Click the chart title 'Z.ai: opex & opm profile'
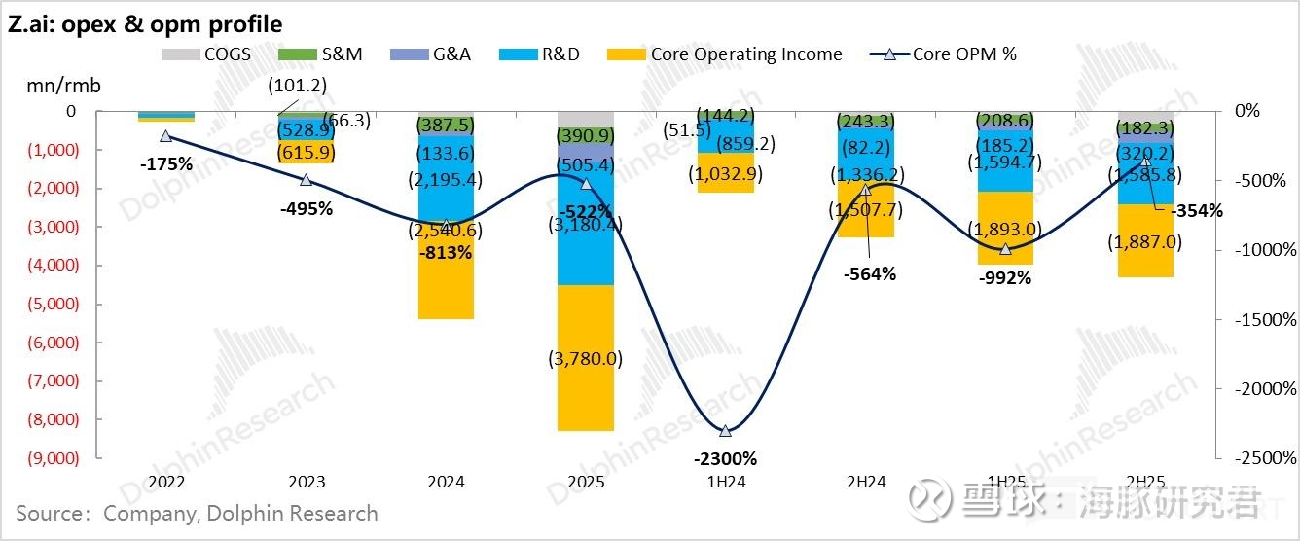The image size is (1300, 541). click(x=146, y=23)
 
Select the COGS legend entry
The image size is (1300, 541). click(x=206, y=54)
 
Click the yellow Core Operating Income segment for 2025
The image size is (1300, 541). click(x=586, y=357)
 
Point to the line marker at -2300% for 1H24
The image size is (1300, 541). click(x=725, y=431)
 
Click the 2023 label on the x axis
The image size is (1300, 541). click(x=307, y=482)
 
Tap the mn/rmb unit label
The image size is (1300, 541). click(x=64, y=85)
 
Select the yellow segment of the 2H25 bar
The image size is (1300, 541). click(x=1145, y=241)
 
